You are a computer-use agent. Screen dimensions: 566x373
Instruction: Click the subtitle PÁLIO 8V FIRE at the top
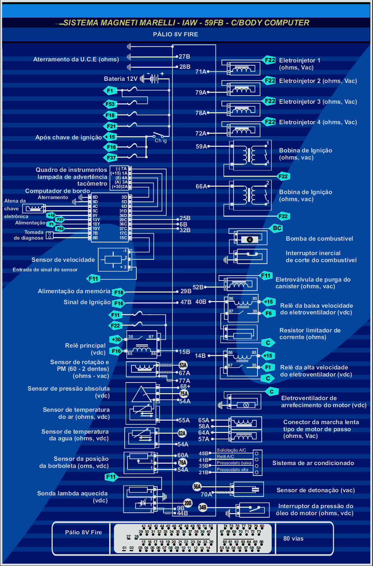pos(175,34)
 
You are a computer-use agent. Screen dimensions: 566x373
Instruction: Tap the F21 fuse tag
pos(111,126)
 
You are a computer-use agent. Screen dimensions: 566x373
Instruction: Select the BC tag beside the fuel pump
pos(277,228)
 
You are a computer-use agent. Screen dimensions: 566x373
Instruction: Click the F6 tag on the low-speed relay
pos(268,313)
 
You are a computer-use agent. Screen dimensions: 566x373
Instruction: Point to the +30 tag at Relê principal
pos(116,339)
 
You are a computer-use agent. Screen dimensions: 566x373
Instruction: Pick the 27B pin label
pos(184,56)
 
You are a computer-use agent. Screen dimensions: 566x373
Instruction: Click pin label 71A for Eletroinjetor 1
pos(201,72)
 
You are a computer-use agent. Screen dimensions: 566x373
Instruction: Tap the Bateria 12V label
pos(120,79)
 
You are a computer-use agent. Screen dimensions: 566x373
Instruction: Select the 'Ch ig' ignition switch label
pos(161,140)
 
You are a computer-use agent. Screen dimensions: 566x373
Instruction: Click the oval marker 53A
pos(183,365)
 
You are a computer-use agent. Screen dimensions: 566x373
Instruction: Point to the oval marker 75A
pos(184,394)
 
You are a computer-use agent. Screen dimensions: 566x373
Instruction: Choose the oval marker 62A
pos(182,433)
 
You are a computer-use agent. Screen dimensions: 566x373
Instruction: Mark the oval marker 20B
pos(188,503)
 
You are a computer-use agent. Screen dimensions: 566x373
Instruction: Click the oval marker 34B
pos(202,507)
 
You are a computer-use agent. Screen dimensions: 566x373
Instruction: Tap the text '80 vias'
pos(293,538)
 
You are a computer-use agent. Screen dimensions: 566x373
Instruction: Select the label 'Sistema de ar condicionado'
pos(313,463)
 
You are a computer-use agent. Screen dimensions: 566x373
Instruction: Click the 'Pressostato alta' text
pos(232,470)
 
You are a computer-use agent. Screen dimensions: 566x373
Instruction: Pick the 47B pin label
pos(186,302)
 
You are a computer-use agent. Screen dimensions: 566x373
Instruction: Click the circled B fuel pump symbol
pos(250,240)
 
